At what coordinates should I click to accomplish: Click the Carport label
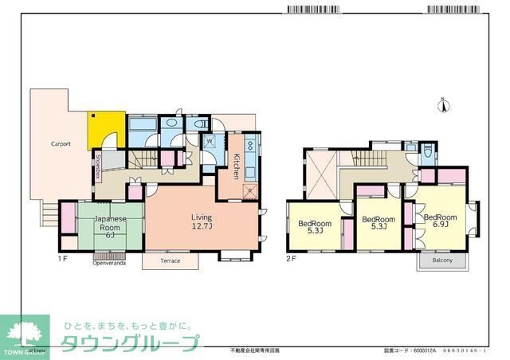coord(61,144)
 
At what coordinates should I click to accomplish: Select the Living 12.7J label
coord(202,221)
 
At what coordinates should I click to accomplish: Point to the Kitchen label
coord(237,165)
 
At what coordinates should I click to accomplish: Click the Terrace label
coord(171,260)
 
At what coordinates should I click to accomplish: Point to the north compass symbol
coord(445,108)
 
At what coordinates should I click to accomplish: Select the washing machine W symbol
coord(210,143)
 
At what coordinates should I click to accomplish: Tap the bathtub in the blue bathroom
coord(143,127)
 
